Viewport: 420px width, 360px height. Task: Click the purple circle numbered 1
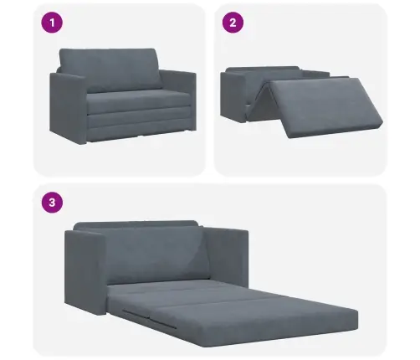coord(52,23)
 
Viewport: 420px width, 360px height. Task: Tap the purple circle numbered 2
coord(233,23)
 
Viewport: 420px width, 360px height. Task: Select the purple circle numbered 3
coord(52,203)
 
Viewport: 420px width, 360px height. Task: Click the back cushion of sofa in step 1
coord(110,69)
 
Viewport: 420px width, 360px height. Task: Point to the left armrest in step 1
coord(68,107)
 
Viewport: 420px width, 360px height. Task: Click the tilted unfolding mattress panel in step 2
coord(325,107)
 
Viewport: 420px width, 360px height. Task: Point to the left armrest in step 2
coord(233,98)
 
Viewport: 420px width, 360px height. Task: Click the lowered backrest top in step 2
coord(262,69)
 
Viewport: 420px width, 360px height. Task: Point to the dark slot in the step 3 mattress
coord(149,319)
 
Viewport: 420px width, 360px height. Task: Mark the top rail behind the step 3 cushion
coord(136,224)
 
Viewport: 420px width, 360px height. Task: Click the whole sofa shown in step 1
coord(123,96)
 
